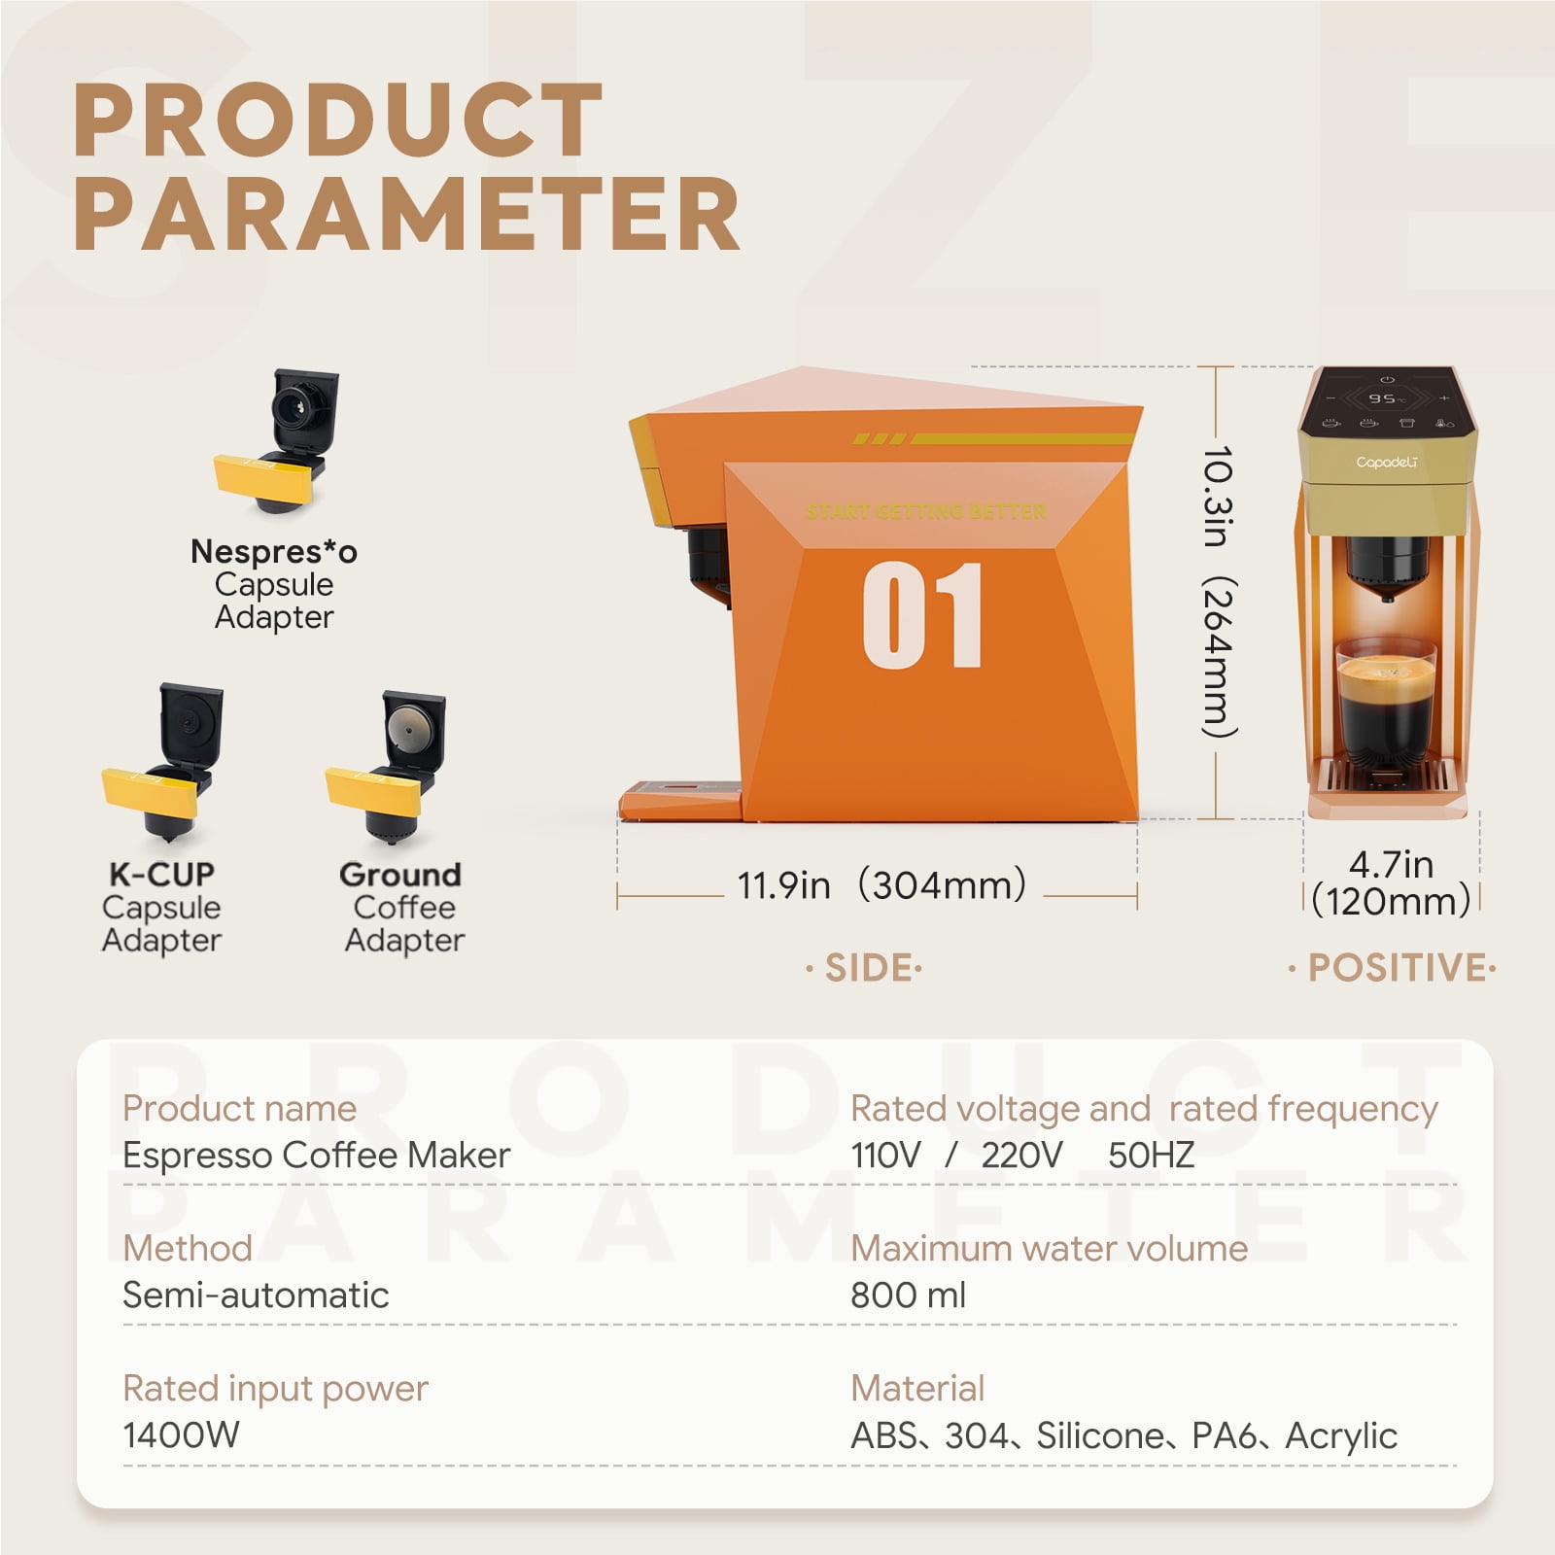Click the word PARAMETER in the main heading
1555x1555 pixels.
[x=407, y=214]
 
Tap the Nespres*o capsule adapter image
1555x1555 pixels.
[x=276, y=440]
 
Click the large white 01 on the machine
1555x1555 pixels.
[x=922, y=615]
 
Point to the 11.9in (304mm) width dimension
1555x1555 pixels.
[x=881, y=885]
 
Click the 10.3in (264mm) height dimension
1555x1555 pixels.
[x=1218, y=592]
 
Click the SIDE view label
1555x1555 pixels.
[x=864, y=968]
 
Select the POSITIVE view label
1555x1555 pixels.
[x=1392, y=968]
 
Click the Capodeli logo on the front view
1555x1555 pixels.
[x=1387, y=463]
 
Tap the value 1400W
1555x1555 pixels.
[x=181, y=1434]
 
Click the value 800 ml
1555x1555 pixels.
[x=909, y=1295]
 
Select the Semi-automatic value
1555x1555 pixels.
[x=256, y=1295]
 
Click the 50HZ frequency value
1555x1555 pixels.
[x=1151, y=1155]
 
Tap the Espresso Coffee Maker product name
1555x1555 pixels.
[x=316, y=1156]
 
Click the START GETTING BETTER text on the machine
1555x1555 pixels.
[x=926, y=511]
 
